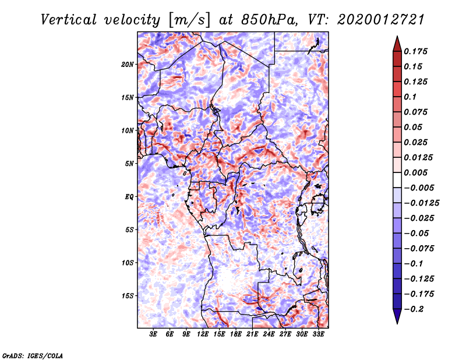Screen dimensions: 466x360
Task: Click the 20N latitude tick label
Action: click(128, 64)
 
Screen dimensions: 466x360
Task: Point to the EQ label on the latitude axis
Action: click(129, 197)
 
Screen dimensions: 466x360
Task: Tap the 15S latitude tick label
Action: click(128, 296)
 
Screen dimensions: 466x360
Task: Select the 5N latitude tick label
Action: click(129, 164)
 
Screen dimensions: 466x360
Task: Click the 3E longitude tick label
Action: click(153, 334)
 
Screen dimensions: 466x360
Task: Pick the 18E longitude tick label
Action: click(236, 334)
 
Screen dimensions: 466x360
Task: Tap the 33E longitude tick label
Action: click(318, 334)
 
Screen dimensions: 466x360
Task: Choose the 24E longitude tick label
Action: click(269, 334)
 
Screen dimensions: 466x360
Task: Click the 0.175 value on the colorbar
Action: click(415, 51)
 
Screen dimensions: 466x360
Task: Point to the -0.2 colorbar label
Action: click(414, 309)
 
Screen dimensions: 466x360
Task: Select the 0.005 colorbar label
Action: click(415, 172)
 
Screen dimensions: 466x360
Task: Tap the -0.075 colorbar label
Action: click(419, 249)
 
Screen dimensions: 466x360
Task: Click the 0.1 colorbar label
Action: click(410, 97)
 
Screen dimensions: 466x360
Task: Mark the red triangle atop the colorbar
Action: click(397, 44)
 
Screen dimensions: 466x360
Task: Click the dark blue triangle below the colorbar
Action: click(397, 316)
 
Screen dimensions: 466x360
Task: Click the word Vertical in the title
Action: click(69, 20)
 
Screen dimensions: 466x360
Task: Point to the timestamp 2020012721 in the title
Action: click(381, 20)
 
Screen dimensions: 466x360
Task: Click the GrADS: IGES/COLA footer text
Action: click(33, 356)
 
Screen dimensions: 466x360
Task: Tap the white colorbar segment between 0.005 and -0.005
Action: click(397, 180)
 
